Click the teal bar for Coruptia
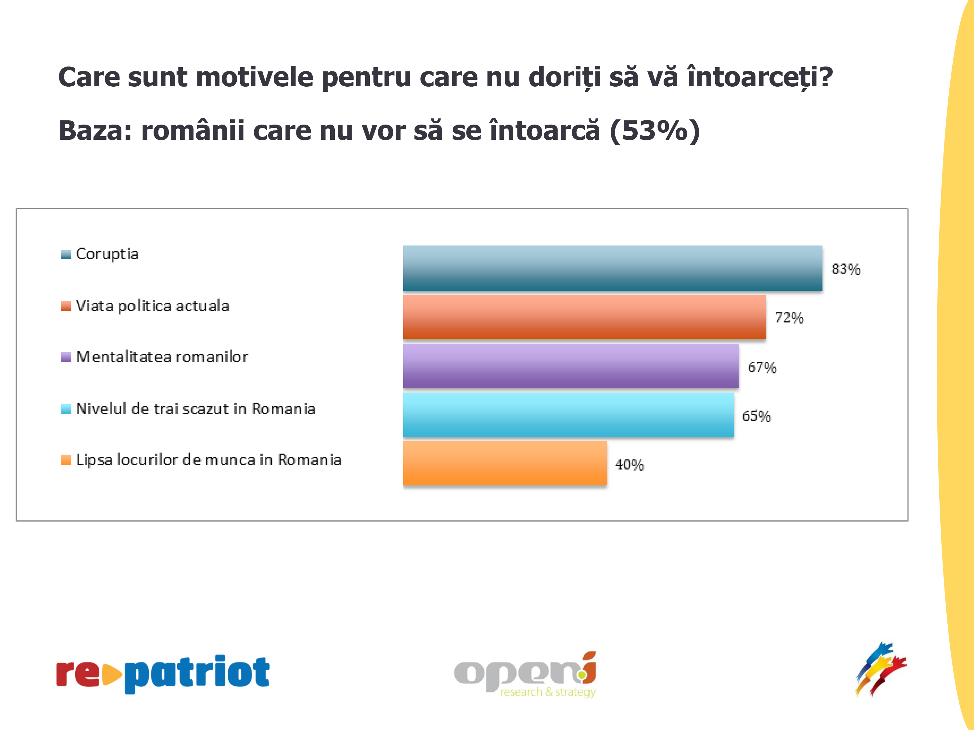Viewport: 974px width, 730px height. coord(612,268)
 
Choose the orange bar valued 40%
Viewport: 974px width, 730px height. coord(505,463)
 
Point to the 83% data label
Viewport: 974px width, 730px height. coord(845,269)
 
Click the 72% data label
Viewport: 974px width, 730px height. coord(789,318)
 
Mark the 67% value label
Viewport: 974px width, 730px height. coord(762,367)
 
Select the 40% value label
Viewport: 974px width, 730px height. coord(629,465)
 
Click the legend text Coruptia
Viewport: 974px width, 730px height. coord(107,254)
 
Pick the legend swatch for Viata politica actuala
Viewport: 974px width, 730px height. coord(66,306)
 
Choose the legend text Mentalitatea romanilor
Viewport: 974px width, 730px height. coord(162,357)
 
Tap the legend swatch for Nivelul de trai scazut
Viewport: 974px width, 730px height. coord(66,409)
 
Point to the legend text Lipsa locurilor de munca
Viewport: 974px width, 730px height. coord(208,460)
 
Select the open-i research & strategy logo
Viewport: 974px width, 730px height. coord(525,675)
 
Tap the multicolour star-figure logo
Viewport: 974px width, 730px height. coord(880,669)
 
